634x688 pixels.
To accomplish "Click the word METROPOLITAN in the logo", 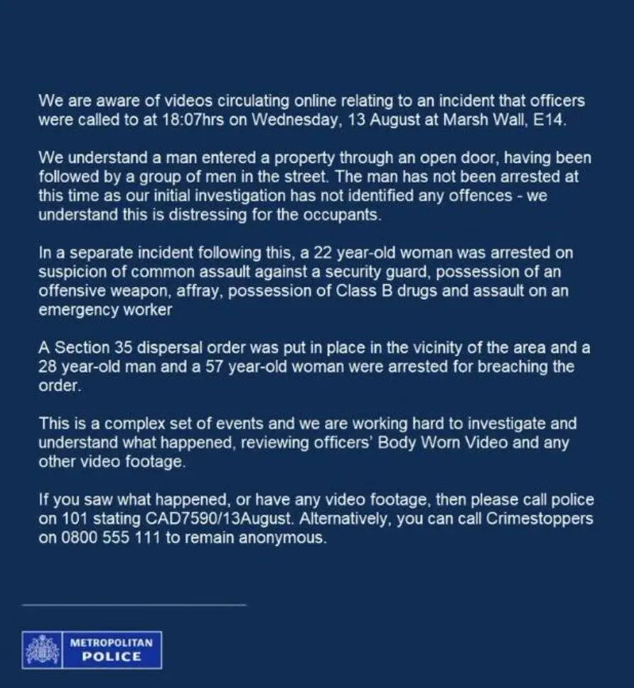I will pyautogui.click(x=112, y=642).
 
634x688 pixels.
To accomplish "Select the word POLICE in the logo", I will pyautogui.click(x=112, y=657).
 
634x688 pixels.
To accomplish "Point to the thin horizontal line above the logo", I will pyautogui.click(x=134, y=605).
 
